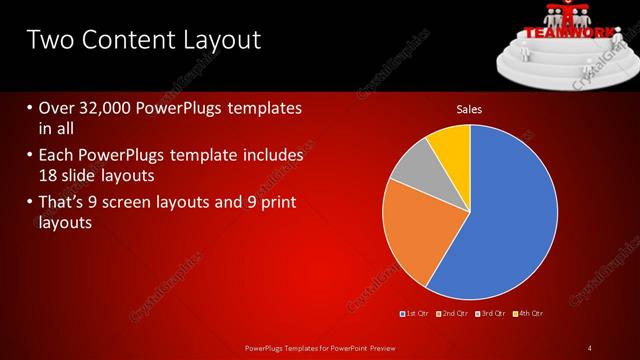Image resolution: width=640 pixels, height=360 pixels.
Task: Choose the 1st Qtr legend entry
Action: click(x=415, y=313)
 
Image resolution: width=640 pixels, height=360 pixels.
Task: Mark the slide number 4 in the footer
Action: click(x=590, y=347)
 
